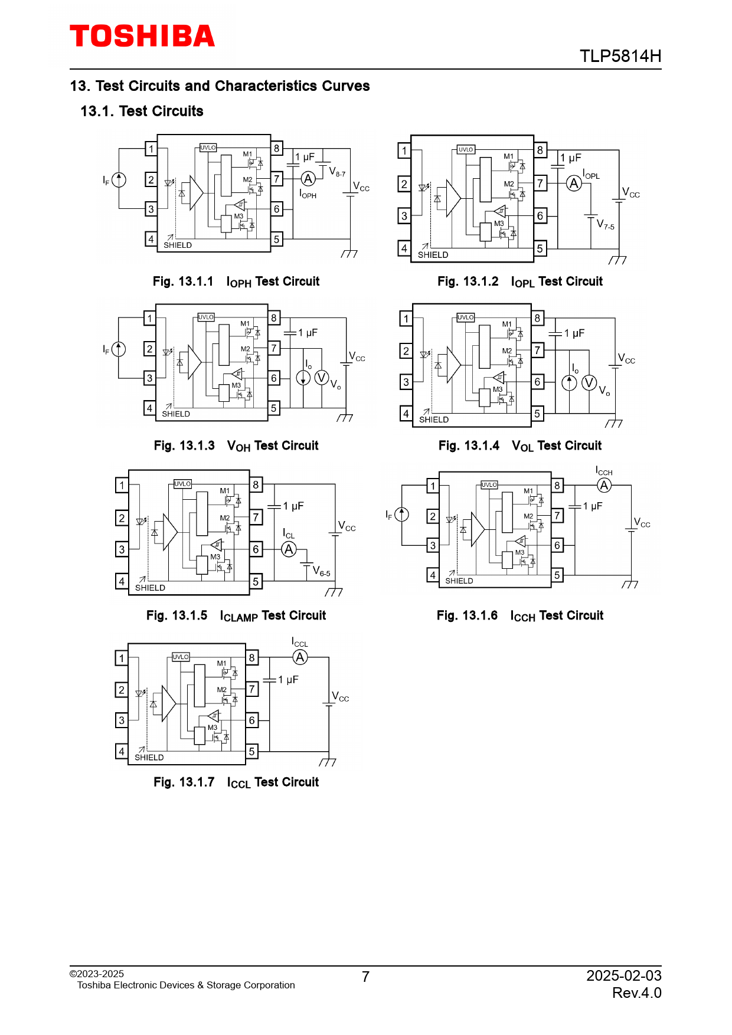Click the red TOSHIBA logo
click(142, 36)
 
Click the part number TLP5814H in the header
click(620, 56)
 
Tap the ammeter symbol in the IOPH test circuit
click(308, 179)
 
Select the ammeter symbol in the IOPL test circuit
click(574, 184)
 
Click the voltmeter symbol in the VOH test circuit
click(322, 378)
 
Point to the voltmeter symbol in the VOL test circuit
click(589, 383)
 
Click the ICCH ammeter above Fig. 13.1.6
click(604, 486)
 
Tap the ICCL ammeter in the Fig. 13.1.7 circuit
click(300, 657)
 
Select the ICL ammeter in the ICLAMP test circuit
click(289, 550)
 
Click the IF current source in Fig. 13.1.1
click(119, 179)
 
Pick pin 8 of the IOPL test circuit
click(540, 150)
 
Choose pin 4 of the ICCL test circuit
click(122, 751)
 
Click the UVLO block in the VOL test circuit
click(466, 317)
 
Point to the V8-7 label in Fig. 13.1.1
click(337, 172)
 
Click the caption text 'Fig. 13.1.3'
click(184, 446)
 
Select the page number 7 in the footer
click(366, 977)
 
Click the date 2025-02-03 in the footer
click(623, 975)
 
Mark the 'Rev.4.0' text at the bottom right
click(636, 993)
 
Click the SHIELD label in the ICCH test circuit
click(459, 581)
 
